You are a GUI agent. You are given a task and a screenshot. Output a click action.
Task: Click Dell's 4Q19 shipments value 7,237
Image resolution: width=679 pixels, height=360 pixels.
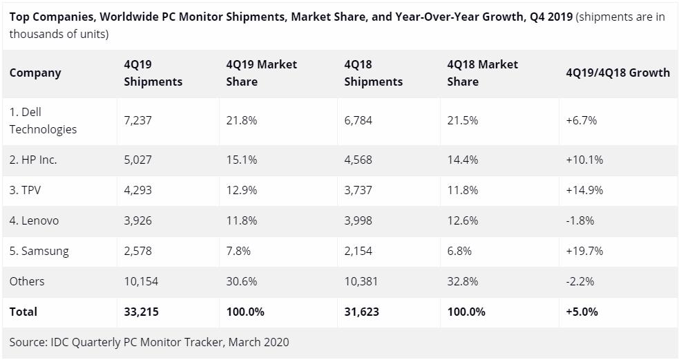137,120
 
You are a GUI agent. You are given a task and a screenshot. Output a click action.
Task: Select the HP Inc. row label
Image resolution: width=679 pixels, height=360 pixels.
33,160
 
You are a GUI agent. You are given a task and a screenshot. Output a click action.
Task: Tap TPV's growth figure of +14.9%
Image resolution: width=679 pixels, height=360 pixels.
584,190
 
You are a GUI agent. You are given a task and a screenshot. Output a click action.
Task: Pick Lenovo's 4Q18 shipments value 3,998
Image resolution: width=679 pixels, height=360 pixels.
358,220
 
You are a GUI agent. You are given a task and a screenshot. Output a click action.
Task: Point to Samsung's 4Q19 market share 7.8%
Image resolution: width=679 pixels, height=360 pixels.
238,251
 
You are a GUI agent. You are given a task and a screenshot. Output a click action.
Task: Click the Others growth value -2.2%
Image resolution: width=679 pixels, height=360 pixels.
580,281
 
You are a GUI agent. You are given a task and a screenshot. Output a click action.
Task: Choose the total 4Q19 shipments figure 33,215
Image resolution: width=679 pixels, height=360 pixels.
141,312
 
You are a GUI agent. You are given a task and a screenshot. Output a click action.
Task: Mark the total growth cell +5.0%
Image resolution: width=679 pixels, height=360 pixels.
582,312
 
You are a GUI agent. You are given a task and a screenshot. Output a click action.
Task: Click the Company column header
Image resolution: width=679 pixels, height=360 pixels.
35,73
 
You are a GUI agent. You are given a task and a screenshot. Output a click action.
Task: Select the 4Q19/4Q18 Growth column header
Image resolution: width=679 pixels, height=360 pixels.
617,73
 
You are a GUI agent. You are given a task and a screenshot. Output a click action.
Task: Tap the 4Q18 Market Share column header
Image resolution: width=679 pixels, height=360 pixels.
482,73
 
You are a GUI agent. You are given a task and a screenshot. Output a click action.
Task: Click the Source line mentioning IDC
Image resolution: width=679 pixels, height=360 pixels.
149,342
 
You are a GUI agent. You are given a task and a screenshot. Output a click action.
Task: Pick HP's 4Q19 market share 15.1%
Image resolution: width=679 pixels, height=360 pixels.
242,160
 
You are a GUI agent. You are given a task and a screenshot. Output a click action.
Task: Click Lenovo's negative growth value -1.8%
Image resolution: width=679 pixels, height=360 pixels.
580,220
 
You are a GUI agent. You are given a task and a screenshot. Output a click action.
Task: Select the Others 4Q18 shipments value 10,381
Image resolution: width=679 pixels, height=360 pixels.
361,281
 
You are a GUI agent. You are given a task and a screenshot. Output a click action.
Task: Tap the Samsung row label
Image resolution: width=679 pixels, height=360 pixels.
39,251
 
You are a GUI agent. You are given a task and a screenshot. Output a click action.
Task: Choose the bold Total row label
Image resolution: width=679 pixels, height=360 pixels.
23,312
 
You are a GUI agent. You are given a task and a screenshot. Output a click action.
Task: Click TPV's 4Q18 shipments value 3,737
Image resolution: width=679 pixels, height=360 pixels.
358,190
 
